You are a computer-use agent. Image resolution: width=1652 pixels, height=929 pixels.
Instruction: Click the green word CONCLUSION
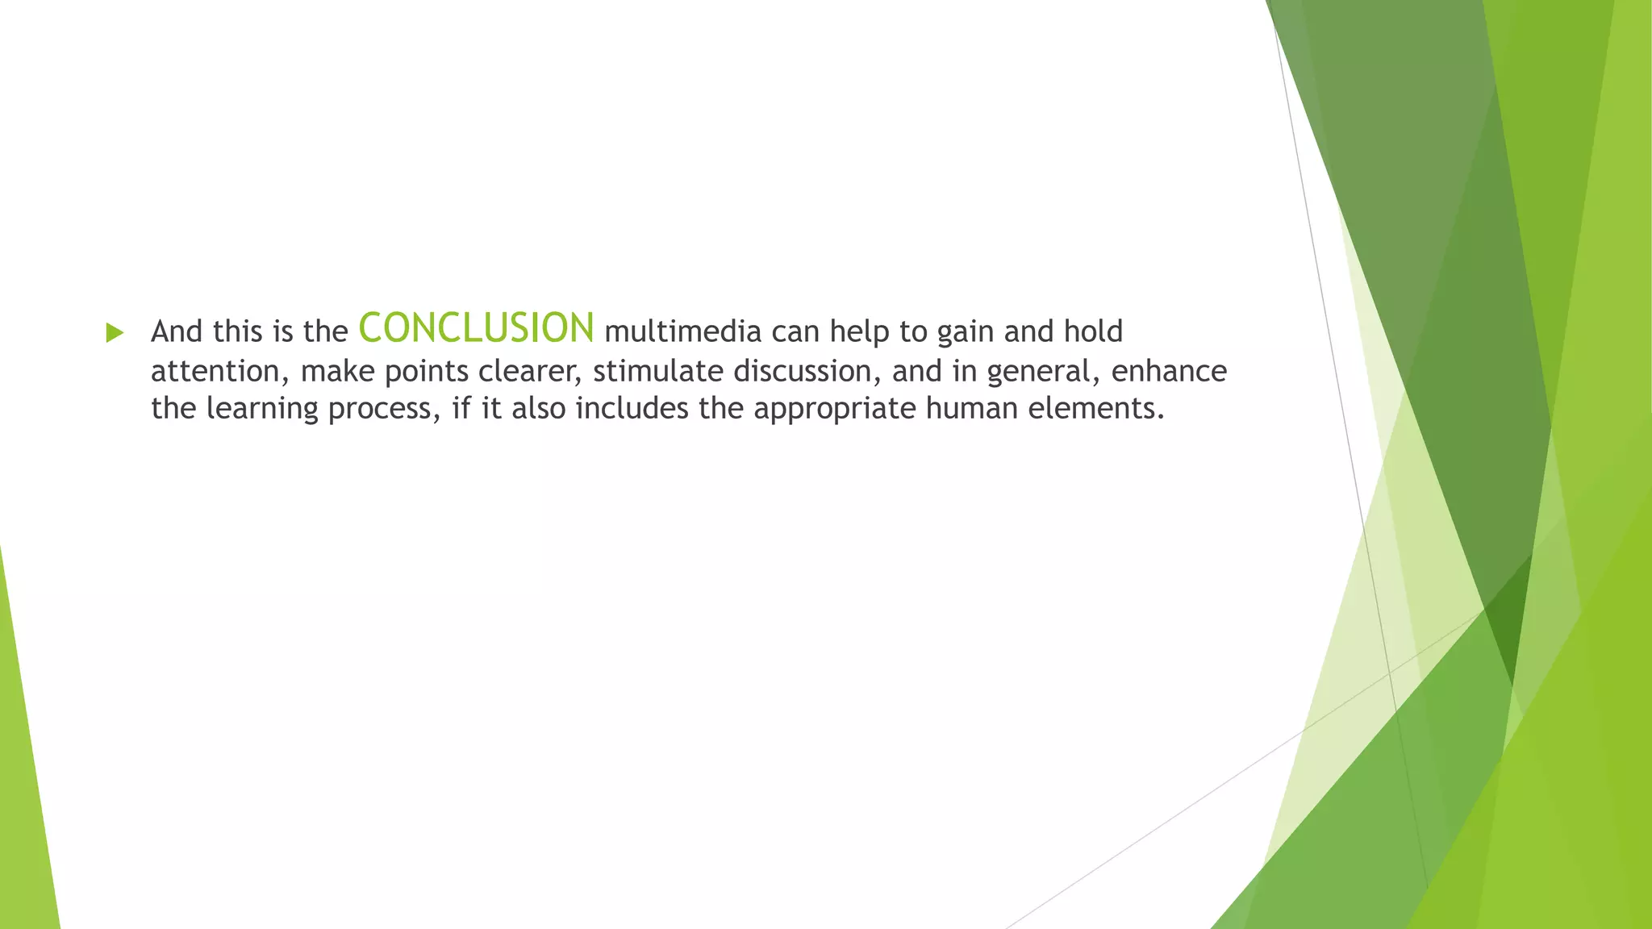(x=476, y=328)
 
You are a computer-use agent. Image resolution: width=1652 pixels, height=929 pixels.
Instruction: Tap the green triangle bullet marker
(x=115, y=332)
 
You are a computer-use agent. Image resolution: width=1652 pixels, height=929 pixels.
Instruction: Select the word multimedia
(x=682, y=331)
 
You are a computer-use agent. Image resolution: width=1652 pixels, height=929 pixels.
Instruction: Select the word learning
(x=262, y=409)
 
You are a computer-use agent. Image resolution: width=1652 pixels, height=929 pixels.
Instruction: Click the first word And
(x=177, y=331)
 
